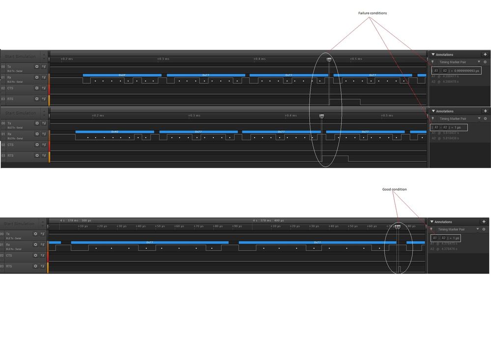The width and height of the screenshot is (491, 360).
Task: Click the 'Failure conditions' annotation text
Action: click(x=372, y=13)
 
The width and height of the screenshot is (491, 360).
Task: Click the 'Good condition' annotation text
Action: click(x=394, y=189)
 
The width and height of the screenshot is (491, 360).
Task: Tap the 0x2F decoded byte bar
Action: click(x=122, y=75)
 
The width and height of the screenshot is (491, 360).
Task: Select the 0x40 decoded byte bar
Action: click(x=115, y=132)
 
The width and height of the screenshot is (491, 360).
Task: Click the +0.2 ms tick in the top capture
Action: click(x=67, y=59)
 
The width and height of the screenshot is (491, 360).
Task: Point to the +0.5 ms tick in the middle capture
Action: click(x=387, y=116)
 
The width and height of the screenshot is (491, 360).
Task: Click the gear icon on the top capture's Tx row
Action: click(x=36, y=66)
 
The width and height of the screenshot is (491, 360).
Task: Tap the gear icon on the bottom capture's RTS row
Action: click(x=36, y=266)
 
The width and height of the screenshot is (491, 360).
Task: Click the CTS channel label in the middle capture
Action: click(x=10, y=145)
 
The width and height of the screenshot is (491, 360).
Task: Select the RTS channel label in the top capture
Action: click(x=10, y=99)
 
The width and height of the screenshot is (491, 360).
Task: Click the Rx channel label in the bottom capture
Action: click(x=8, y=244)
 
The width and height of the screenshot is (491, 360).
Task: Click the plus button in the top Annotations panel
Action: click(x=485, y=55)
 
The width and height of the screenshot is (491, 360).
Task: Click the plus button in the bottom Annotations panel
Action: click(x=484, y=222)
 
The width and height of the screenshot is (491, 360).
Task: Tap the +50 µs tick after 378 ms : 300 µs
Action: click(x=160, y=226)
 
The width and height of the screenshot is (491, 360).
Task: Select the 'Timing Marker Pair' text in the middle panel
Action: click(x=453, y=119)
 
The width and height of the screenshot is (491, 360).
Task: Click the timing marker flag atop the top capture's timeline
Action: click(x=329, y=60)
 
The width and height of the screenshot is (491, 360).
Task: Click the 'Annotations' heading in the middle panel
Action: click(x=445, y=111)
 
